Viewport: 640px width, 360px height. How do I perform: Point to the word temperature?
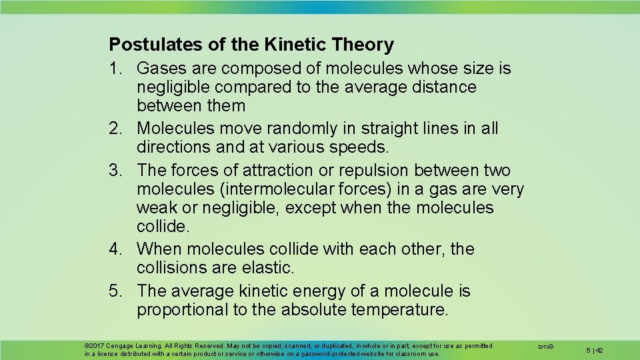coord(404,310)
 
